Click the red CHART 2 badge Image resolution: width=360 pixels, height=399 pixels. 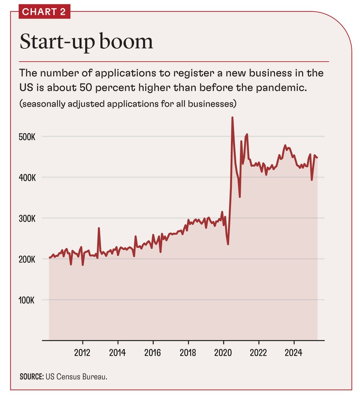point(44,12)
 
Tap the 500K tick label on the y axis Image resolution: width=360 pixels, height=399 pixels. point(27,137)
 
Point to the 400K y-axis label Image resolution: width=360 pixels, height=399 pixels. point(27,178)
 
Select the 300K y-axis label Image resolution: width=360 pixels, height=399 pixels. point(27,218)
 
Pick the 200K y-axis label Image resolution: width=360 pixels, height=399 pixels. point(27,260)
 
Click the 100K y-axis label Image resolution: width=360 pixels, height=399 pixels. point(27,301)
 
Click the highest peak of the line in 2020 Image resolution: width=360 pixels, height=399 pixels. point(232,118)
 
